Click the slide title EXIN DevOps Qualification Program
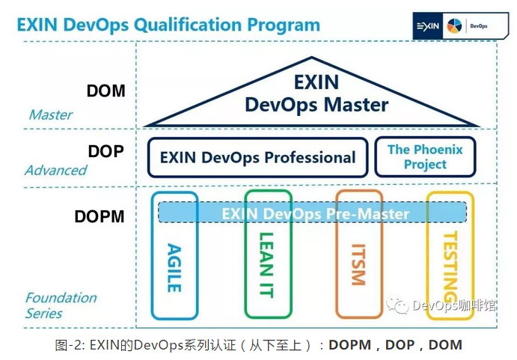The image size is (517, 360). point(168,25)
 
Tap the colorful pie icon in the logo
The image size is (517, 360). point(454,26)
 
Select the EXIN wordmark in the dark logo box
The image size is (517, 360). point(428,26)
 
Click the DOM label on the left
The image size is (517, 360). point(105,91)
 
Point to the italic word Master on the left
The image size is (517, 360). point(51,115)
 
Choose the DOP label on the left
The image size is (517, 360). point(105,151)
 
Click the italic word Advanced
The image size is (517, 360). point(55,170)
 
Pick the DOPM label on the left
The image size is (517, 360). point(100,216)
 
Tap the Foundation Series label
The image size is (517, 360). point(61,305)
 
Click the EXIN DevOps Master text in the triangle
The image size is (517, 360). point(316,94)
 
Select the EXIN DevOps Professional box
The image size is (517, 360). point(258,157)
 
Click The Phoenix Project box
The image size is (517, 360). point(425,156)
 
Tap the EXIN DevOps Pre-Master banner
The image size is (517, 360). point(312,213)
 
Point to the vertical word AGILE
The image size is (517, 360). point(174,268)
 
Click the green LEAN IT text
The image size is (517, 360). point(266,265)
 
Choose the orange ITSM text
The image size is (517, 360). point(358,265)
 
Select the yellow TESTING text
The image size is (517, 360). point(450,266)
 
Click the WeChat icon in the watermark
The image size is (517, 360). point(397,304)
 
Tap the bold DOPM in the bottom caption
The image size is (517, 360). point(350,345)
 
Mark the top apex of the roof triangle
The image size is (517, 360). point(311,58)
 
